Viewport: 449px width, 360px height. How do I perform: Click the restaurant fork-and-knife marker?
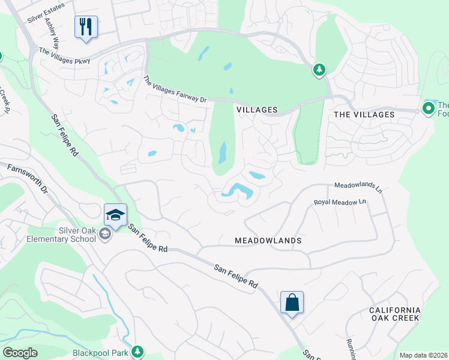[x=86, y=27]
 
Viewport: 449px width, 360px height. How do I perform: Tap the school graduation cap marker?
[x=115, y=215]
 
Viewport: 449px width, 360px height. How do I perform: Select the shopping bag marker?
[x=292, y=302]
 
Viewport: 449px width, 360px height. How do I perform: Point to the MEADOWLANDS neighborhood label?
[x=268, y=241]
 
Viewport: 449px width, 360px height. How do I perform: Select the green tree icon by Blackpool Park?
[x=138, y=350]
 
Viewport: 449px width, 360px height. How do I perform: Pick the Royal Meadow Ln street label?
[x=340, y=202]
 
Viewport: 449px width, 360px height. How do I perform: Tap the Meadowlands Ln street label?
[x=358, y=187]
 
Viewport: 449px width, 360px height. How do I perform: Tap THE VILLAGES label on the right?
[x=364, y=115]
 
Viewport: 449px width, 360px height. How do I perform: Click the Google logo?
[x=20, y=353]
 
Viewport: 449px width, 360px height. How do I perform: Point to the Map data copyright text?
[x=423, y=355]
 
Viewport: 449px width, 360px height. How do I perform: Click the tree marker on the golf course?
[x=319, y=71]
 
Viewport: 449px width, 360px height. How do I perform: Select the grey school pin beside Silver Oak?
[x=106, y=234]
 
